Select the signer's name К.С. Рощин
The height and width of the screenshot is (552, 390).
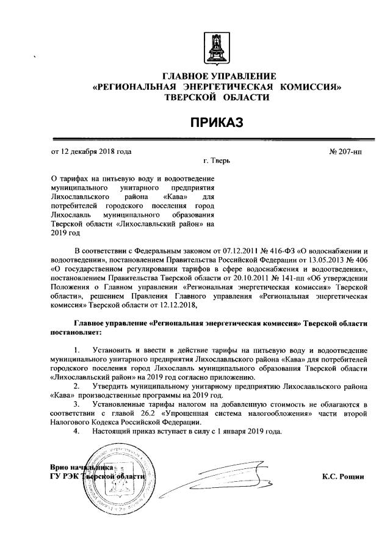tap(343, 476)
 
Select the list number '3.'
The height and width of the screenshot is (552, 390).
tap(76, 404)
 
